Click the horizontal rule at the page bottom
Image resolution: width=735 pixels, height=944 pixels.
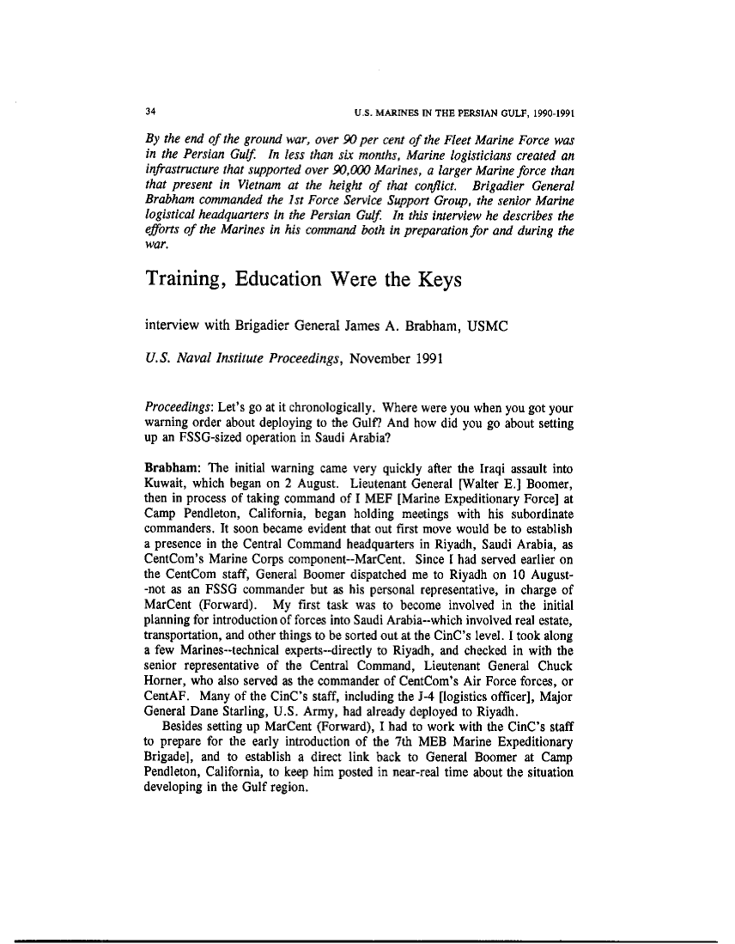click(367, 941)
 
